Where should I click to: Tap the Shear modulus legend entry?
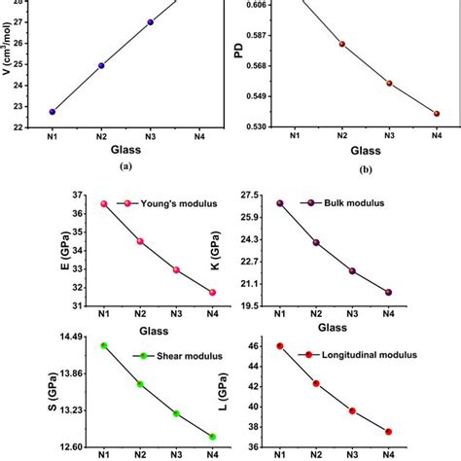pos(183,356)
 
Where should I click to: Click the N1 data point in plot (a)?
pos(53,111)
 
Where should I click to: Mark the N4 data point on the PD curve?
pos(437,114)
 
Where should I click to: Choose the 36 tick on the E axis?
pos(75,195)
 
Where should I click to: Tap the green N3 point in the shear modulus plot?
pos(176,413)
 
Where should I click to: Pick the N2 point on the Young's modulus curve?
pos(140,241)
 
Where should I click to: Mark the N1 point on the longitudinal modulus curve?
pos(279,346)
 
